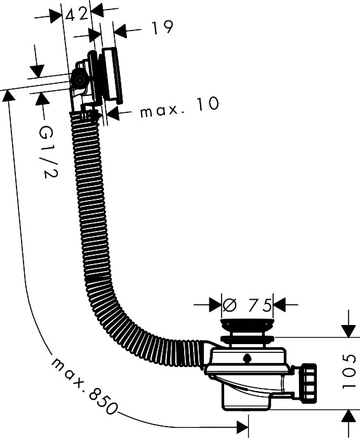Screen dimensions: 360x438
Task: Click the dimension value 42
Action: tap(76, 13)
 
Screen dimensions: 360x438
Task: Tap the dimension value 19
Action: tap(163, 28)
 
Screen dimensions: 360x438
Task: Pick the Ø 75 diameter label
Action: tap(247, 305)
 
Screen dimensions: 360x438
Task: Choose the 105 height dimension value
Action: tap(349, 372)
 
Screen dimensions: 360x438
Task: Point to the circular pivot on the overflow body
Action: tap(79, 80)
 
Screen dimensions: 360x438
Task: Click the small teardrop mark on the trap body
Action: tap(246, 357)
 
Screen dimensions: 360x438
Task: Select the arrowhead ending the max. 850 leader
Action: tap(243, 427)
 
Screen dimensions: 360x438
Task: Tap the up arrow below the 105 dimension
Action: tap(349, 416)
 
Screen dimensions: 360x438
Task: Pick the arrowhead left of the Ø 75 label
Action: tap(215, 305)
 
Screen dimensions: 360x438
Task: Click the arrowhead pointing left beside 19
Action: tap(120, 30)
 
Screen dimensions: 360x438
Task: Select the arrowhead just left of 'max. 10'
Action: tap(112, 114)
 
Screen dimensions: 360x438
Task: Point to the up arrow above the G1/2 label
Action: tap(42, 99)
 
